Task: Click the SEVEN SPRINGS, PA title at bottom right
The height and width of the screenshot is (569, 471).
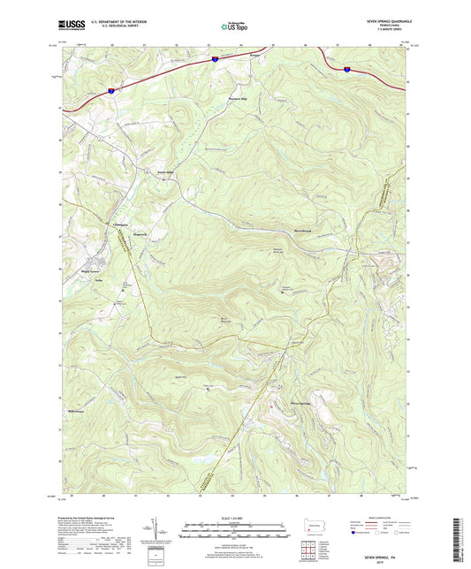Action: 384,553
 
